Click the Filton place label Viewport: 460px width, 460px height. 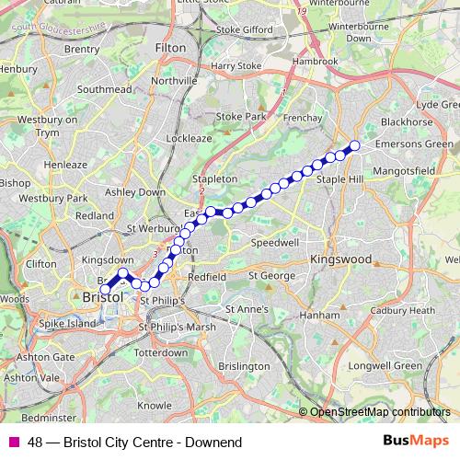point(171,46)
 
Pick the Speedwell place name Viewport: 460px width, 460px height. point(274,244)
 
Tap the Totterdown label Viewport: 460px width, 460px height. point(160,353)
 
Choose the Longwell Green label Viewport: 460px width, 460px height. point(393,365)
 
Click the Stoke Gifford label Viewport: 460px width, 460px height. point(245,29)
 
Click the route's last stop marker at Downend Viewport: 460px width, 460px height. point(353,145)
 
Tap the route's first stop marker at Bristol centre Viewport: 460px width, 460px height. point(106,289)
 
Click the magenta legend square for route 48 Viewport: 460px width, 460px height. point(14,443)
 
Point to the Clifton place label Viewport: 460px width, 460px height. point(41,264)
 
